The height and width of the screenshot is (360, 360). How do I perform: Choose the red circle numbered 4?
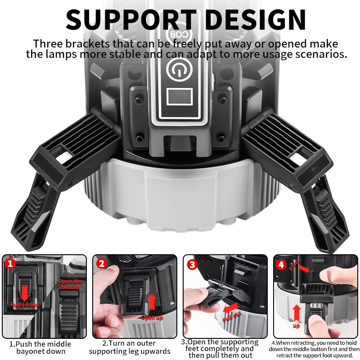point(282,265)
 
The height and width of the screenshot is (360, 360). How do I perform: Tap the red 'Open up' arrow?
point(152,301)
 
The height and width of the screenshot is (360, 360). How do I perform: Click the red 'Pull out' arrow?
point(229,307)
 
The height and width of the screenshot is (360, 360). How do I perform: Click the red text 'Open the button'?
point(71,284)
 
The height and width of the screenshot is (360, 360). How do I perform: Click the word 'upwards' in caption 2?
point(156,351)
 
